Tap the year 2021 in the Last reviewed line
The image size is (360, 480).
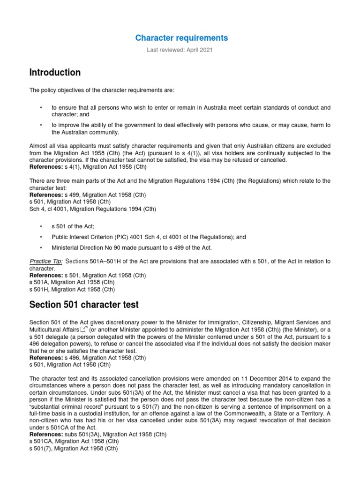(205, 50)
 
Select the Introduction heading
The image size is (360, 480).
(55, 73)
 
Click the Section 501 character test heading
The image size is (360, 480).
(84, 305)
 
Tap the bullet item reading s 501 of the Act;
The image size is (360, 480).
(69, 226)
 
